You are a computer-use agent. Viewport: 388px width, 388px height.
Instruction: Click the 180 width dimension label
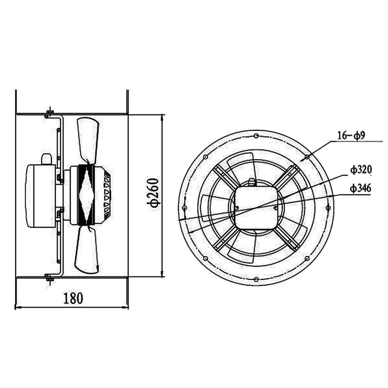click(73, 297)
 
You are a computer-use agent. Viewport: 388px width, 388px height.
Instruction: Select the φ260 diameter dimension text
click(153, 195)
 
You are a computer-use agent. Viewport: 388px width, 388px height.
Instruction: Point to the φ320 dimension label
click(361, 169)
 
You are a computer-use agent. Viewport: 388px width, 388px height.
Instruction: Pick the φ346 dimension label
click(361, 188)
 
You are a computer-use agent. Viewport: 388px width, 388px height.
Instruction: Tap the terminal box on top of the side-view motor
click(46, 159)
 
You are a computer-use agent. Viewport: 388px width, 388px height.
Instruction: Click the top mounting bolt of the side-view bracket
click(49, 114)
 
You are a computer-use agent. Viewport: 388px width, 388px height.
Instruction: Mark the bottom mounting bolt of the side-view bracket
click(49, 277)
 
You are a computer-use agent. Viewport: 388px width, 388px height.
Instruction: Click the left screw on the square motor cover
click(237, 208)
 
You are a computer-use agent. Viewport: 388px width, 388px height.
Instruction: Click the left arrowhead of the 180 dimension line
click(18, 307)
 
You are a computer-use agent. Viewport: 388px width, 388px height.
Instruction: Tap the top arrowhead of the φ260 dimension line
click(162, 117)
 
